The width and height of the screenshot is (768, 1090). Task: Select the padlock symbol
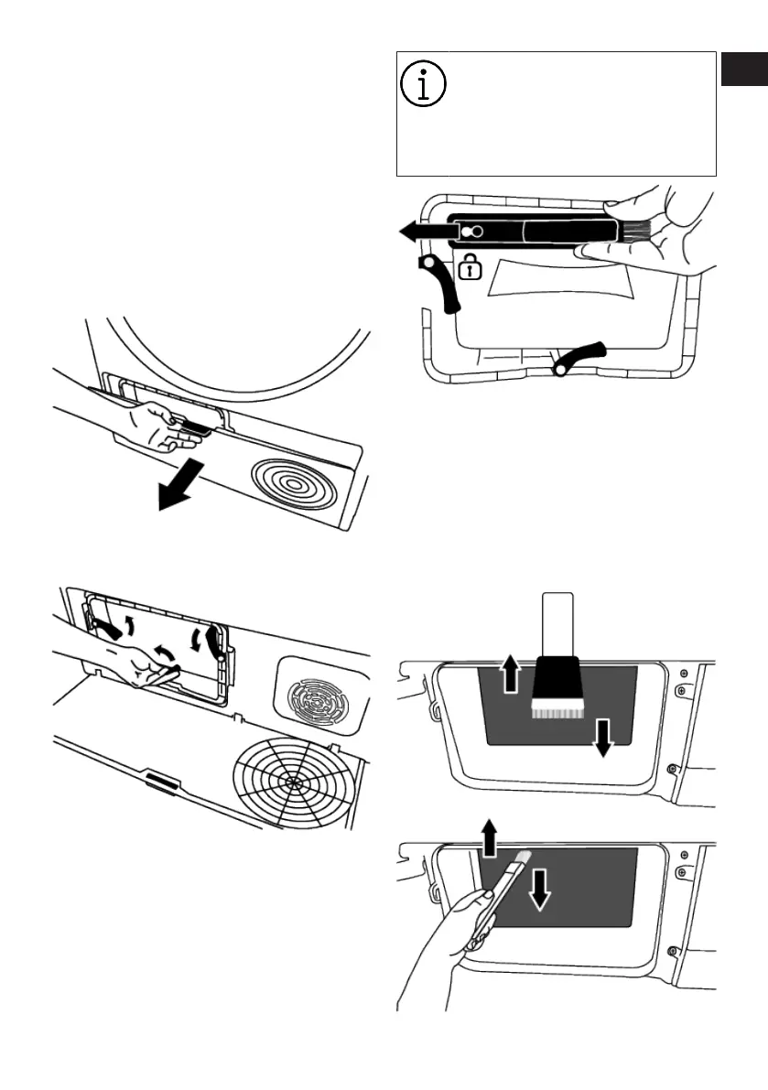pyautogui.click(x=469, y=268)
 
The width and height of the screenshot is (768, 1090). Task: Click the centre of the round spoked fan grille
pyautogui.click(x=291, y=782)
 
